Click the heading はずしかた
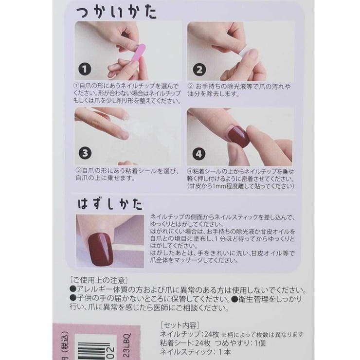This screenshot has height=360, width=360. click(x=107, y=201)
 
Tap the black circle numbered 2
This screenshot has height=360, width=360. click(x=199, y=70)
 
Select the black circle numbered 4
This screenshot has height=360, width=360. click(x=199, y=154)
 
